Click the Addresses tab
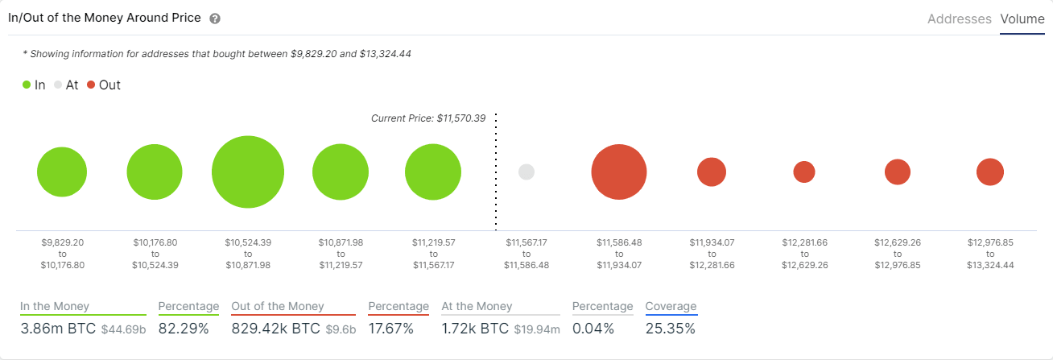click(959, 19)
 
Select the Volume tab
click(1022, 19)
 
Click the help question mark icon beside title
click(215, 19)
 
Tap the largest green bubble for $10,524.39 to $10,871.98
click(248, 172)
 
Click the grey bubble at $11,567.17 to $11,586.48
click(526, 172)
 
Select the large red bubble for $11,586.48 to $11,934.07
click(619, 172)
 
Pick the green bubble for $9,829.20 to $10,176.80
click(62, 172)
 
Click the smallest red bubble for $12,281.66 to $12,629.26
click(804, 172)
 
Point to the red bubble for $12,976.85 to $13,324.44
click(990, 172)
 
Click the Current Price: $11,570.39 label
click(428, 118)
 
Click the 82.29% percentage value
click(183, 329)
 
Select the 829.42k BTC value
click(275, 329)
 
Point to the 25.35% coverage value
click(671, 329)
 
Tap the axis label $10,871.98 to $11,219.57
click(341, 253)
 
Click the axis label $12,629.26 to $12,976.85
click(897, 253)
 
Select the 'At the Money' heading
click(477, 306)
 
